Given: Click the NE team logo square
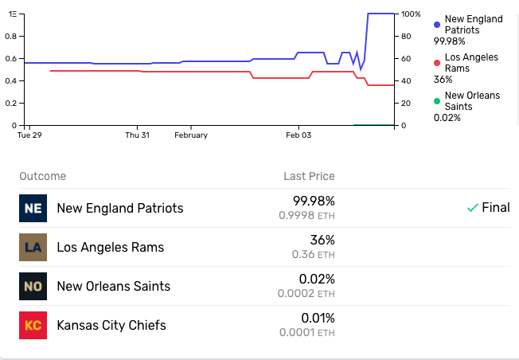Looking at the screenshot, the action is point(33,209).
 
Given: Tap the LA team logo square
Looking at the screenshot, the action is point(33,248).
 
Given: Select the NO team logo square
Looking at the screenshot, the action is point(33,287).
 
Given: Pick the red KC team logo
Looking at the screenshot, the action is point(33,325).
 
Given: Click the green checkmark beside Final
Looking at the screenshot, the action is point(473,208).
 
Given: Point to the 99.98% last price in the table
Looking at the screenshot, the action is point(314,201).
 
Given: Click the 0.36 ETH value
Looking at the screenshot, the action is point(313,254).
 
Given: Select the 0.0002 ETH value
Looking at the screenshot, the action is point(306,293).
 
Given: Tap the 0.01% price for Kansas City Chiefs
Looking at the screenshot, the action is point(318,319).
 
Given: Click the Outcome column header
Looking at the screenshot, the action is point(43,176).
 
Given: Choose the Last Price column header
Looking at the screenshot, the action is point(309,176).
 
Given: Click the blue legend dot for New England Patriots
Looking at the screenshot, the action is point(437,25).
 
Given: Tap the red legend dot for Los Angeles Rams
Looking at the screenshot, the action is point(437,63).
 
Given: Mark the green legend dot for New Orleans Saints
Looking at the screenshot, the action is point(437,101).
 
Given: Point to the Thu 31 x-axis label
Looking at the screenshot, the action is point(138,135).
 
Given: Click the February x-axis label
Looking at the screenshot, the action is point(191,135).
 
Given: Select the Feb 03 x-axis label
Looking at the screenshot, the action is point(299,135).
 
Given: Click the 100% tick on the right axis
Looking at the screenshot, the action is point(411,14).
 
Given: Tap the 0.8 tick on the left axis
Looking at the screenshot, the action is point(10,36).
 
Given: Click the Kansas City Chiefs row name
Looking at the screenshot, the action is point(111,325).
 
